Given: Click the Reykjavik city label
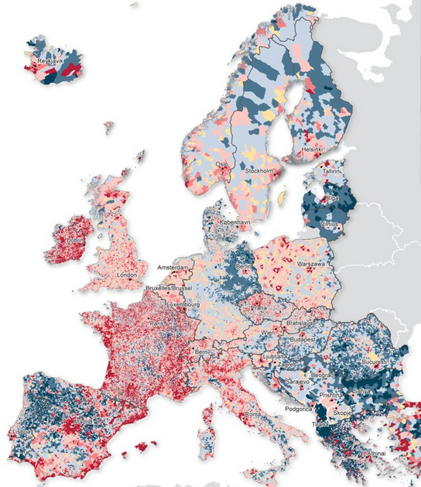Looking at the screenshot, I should tap(53, 60).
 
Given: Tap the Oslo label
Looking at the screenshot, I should tap(221, 164).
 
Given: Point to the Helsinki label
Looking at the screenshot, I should tap(313, 149).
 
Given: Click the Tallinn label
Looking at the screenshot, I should tap(332, 171).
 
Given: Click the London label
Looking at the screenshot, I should tap(126, 275).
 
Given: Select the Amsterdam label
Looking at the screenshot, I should tap(173, 267).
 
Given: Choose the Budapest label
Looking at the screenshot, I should tap(296, 339).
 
